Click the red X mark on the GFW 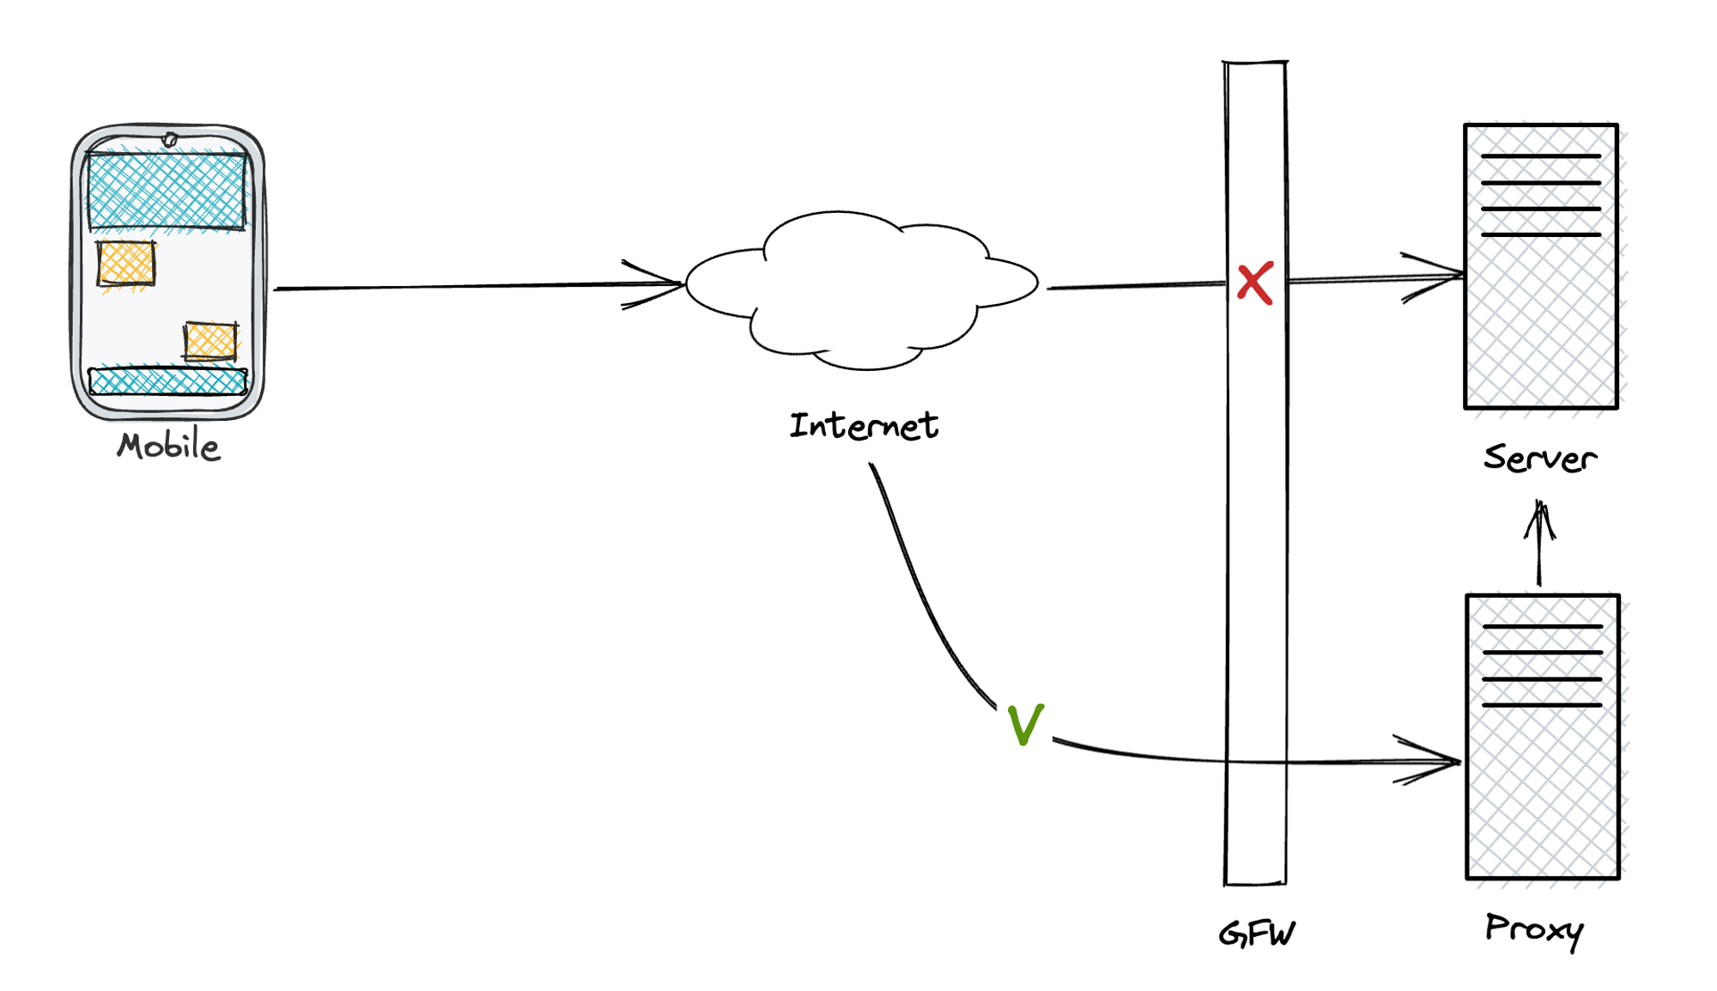(x=1255, y=283)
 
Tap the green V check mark (x=1025, y=725)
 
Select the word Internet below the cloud (x=864, y=426)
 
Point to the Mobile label (x=169, y=447)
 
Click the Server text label (x=1540, y=458)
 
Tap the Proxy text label (x=1534, y=929)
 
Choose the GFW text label (x=1257, y=933)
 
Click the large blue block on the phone (x=167, y=191)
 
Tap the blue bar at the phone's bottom (x=168, y=381)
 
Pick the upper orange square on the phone (x=126, y=263)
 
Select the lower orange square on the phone (x=210, y=341)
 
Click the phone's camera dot (x=170, y=139)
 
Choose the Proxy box (x=1543, y=790)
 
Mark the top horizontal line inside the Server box (x=1541, y=156)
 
